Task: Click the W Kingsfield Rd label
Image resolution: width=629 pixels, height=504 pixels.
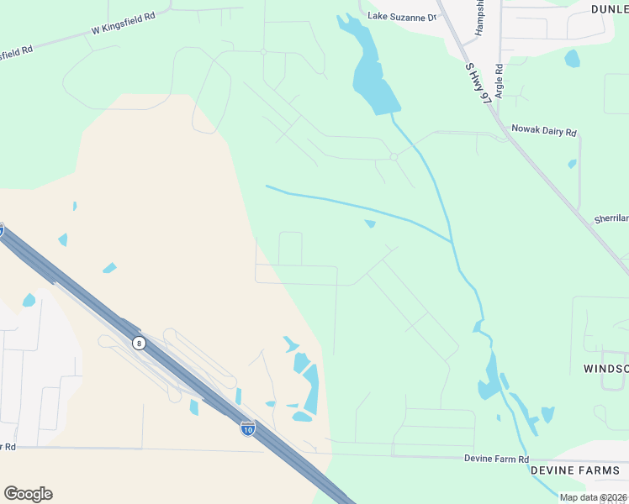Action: [124, 28]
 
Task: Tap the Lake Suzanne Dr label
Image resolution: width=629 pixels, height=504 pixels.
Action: [403, 17]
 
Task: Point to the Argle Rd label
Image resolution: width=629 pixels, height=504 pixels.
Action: [499, 81]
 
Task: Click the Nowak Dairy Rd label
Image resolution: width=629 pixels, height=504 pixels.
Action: [546, 132]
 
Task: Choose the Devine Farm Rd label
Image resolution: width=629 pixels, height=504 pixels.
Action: [496, 459]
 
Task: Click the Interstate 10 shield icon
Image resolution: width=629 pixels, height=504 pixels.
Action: [247, 428]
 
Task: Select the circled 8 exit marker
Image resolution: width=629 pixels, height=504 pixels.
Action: [138, 343]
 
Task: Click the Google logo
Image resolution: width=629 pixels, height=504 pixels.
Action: [28, 493]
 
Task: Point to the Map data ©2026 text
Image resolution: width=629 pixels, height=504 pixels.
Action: [593, 497]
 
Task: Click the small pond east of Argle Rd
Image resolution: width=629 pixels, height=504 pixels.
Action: [573, 59]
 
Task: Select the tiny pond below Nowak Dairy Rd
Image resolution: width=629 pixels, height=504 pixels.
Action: [572, 164]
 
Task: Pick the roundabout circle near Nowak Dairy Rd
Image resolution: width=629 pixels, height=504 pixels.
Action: [394, 156]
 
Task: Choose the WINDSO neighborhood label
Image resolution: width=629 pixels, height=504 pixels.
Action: [605, 369]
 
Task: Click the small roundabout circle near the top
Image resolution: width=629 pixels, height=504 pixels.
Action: [263, 51]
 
